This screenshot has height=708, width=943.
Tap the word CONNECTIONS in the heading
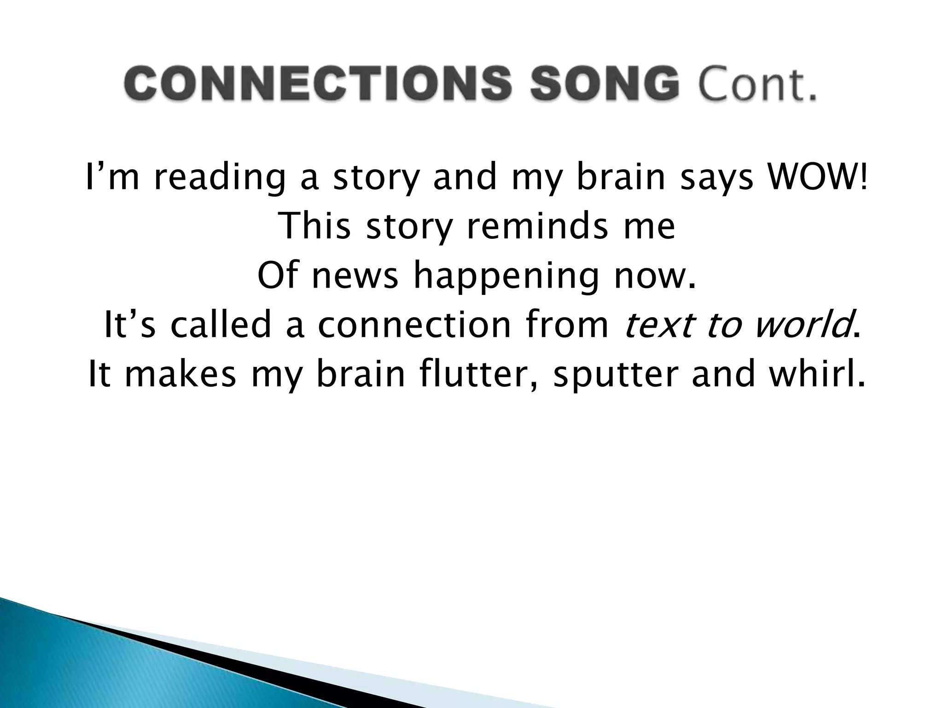click(x=317, y=83)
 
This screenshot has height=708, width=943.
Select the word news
click(x=355, y=276)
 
